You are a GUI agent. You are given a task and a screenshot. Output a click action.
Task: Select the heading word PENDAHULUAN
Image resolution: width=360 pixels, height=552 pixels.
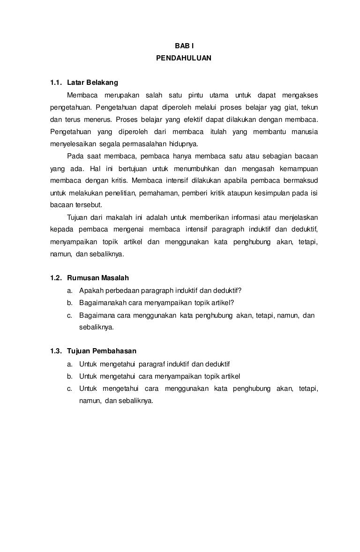184,59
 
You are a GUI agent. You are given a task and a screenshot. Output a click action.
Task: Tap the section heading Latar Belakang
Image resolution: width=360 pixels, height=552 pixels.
93,83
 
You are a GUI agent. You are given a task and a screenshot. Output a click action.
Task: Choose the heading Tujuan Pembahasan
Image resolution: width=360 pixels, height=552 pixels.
102,351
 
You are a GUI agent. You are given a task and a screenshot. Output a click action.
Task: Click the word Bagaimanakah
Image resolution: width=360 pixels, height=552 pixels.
100,302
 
